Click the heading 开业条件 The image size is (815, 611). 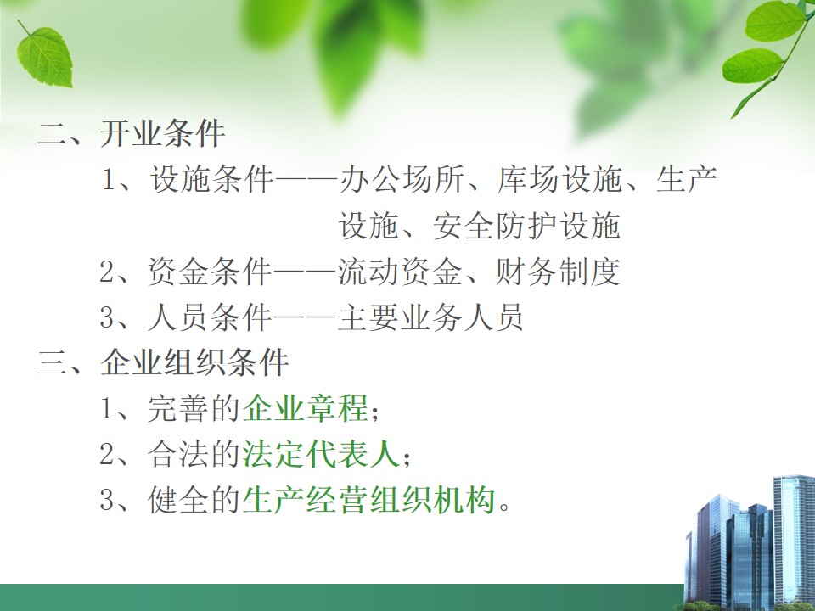[163, 134]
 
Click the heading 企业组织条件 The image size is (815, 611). [194, 362]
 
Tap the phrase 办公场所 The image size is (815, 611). [402, 180]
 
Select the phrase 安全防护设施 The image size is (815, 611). [526, 226]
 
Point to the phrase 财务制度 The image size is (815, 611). [558, 272]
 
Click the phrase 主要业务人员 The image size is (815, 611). [430, 317]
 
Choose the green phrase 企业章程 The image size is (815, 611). [305, 408]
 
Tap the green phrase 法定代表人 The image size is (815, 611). [321, 453]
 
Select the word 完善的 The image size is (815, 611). [194, 408]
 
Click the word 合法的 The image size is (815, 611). [194, 453]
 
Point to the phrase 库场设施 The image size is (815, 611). [559, 180]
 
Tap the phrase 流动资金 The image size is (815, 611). [400, 272]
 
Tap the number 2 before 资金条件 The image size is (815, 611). [107, 272]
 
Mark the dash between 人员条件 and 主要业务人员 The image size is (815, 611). [305, 317]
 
